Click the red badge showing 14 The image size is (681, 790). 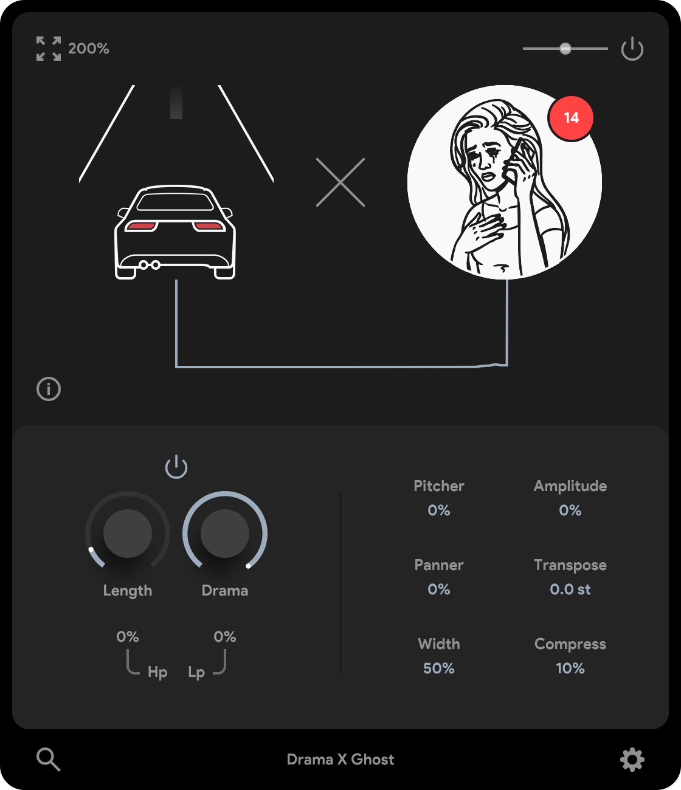pyautogui.click(x=570, y=118)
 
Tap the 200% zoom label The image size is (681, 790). pyautogui.click(x=89, y=49)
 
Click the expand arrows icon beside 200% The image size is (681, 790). pyautogui.click(x=49, y=49)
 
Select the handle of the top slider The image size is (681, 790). pyautogui.click(x=565, y=49)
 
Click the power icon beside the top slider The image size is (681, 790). pyautogui.click(x=632, y=49)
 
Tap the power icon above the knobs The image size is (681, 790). pyautogui.click(x=176, y=467)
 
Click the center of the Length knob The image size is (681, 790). pyautogui.click(x=128, y=533)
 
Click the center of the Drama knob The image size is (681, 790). pyautogui.click(x=225, y=533)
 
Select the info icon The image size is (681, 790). pyautogui.click(x=49, y=389)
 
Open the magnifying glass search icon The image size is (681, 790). pyautogui.click(x=49, y=760)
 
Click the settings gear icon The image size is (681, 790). pyautogui.click(x=632, y=760)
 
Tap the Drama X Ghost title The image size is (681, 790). pyautogui.click(x=340, y=760)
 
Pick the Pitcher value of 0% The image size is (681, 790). pyautogui.click(x=438, y=510)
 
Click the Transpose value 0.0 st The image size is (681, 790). pyautogui.click(x=570, y=589)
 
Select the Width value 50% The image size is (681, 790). pyautogui.click(x=438, y=668)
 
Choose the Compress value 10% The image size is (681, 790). pyautogui.click(x=570, y=668)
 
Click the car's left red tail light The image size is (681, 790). pyautogui.click(x=141, y=226)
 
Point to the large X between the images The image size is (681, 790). pyautogui.click(x=340, y=182)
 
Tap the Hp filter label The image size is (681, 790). pyautogui.click(x=157, y=672)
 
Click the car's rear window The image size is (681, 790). pyautogui.click(x=175, y=201)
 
